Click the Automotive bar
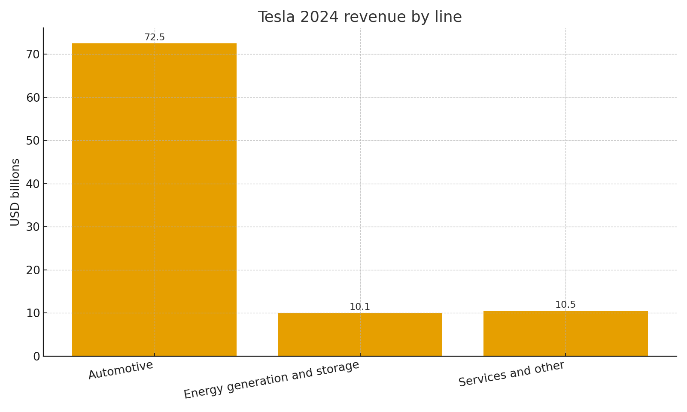pos(154,200)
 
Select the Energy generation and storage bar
pos(360,334)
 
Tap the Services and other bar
pos(565,333)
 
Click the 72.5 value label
pos(155,37)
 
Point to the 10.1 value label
pos(360,307)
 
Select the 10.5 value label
pos(565,305)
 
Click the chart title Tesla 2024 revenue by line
pos(360,17)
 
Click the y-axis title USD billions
pos(15,192)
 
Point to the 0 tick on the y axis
pos(36,357)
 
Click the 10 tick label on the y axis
pos(33,313)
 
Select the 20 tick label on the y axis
pos(33,270)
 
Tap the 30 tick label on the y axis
pos(33,227)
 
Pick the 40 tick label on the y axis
pos(33,184)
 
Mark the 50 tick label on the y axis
pos(33,141)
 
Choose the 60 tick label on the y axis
pos(33,98)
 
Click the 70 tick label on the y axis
pos(33,55)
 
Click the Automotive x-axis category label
pos(121,370)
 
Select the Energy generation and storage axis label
pos(271,380)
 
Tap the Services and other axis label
pos(511,374)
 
